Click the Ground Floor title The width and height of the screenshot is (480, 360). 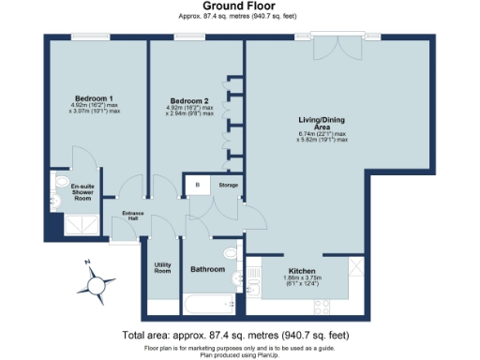coord(239,6)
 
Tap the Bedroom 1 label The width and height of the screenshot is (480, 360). coord(95,98)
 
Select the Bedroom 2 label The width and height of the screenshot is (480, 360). coord(188,100)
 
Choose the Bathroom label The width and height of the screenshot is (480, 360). coord(207,269)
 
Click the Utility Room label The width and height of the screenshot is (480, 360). coord(161,267)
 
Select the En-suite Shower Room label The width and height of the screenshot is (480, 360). coord(83,192)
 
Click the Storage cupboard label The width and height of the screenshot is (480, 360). coord(228,186)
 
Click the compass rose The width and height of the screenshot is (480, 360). coord(97,282)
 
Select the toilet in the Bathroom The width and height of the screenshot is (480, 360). coord(228,254)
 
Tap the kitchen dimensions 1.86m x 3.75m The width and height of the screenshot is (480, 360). coord(302,279)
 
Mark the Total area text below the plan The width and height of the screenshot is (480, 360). coord(239,335)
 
